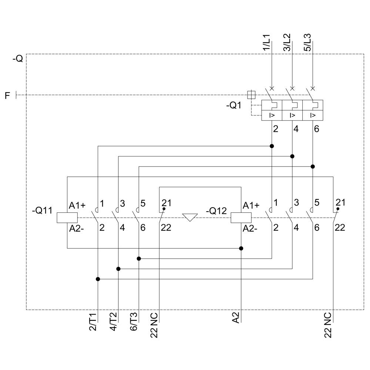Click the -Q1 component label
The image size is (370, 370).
234,105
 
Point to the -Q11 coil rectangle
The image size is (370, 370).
67,218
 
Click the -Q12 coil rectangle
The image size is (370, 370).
241,218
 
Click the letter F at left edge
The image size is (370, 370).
7,96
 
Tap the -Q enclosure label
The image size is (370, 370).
17,59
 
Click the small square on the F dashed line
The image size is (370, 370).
251,95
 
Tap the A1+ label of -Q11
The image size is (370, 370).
77,205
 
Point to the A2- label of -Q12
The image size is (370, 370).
251,229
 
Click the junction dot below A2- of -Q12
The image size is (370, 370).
241,248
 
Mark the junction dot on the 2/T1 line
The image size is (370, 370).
98,279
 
